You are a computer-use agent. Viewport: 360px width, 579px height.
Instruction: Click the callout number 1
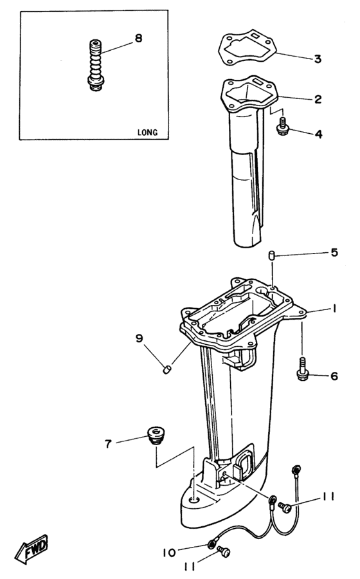(335, 309)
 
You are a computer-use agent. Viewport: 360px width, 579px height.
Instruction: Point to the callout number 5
(334, 252)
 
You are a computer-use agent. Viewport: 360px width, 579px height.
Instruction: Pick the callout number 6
(334, 376)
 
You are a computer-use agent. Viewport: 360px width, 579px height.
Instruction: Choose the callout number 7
(109, 443)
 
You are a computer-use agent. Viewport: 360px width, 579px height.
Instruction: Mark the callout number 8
(138, 39)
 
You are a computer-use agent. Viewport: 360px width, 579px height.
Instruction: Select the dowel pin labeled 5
(272, 257)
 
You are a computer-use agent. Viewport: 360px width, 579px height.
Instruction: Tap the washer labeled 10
(212, 546)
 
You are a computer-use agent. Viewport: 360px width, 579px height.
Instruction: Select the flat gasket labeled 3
(247, 49)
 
